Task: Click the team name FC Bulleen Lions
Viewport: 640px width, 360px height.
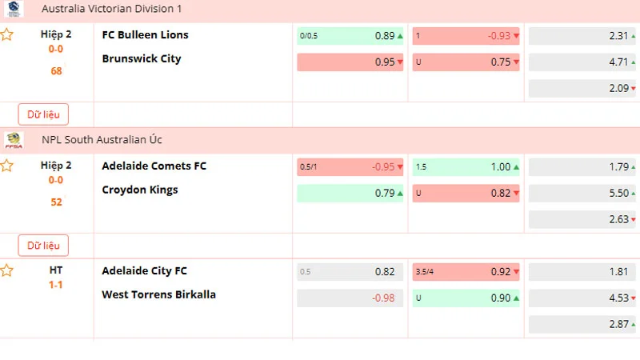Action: click(146, 35)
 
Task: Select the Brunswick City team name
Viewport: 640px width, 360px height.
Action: click(142, 59)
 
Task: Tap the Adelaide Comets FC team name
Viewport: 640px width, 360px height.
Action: click(154, 166)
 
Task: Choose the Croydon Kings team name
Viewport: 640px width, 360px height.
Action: click(140, 190)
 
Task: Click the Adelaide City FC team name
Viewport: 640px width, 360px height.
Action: click(145, 271)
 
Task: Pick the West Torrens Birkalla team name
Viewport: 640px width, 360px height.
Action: click(159, 295)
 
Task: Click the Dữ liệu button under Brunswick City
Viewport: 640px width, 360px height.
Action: click(43, 114)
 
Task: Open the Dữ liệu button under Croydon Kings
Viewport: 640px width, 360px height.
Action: click(43, 246)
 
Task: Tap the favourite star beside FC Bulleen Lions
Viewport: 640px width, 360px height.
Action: click(7, 35)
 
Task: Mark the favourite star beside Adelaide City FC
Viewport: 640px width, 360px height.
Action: click(7, 271)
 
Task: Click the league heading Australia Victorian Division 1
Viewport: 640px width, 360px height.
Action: click(112, 8)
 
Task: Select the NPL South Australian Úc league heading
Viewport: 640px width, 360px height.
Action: click(102, 140)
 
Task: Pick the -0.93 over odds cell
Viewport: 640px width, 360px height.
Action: click(466, 36)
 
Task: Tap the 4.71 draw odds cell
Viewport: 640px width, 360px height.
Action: click(582, 62)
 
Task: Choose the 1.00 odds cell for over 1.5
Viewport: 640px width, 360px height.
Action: click(466, 167)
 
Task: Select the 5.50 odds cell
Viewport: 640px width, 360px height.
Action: click(582, 193)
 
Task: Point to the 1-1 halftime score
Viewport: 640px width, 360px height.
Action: click(56, 285)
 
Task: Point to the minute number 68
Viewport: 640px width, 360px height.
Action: click(56, 71)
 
